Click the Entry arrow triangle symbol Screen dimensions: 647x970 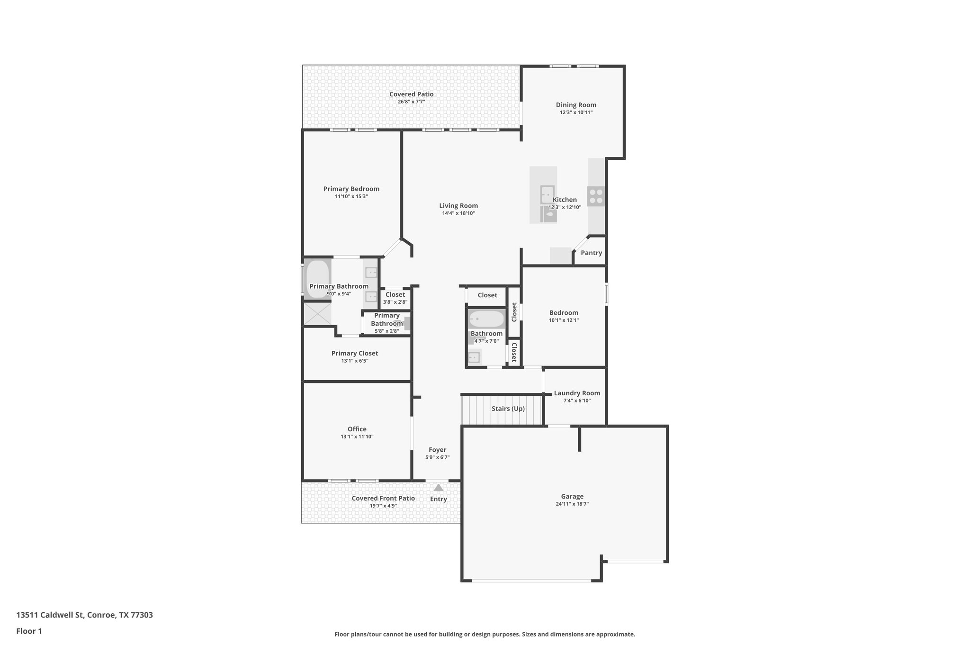[439, 487]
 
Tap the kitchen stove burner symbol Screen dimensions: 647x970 [596, 196]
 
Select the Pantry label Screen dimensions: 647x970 [591, 253]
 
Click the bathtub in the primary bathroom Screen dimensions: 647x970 [317, 279]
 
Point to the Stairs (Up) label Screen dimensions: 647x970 [508, 409]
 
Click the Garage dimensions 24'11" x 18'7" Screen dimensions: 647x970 [572, 504]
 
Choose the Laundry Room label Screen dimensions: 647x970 [576, 393]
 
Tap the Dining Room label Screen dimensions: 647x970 [576, 105]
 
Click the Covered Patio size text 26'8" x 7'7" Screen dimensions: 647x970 [411, 102]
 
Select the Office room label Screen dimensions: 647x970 [357, 429]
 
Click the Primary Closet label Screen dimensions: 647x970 [354, 353]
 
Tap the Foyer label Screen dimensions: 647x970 [437, 450]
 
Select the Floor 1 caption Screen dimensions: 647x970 [29, 631]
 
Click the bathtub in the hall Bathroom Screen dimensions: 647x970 [486, 319]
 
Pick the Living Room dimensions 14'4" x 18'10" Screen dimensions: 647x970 [458, 213]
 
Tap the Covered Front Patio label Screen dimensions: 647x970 [383, 498]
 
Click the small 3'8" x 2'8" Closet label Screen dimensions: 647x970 [395, 295]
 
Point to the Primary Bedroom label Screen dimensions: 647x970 [351, 189]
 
